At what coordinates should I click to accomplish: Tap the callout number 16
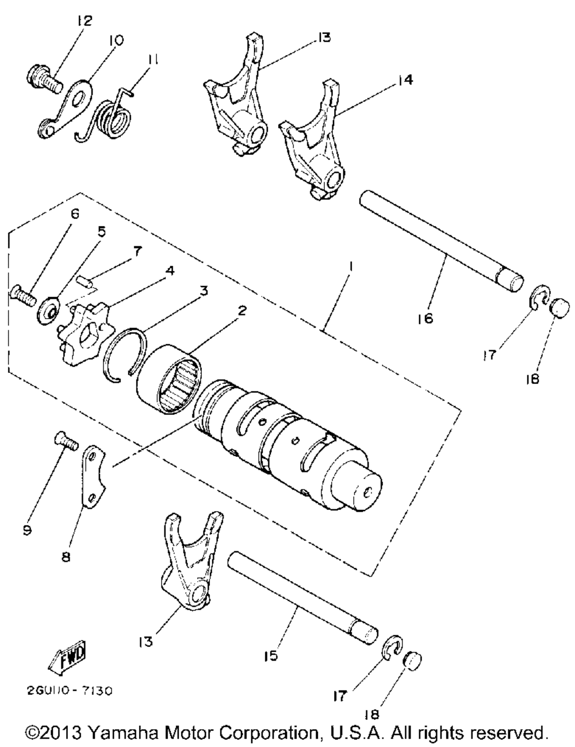point(427,318)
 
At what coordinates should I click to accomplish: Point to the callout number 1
point(350,267)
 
